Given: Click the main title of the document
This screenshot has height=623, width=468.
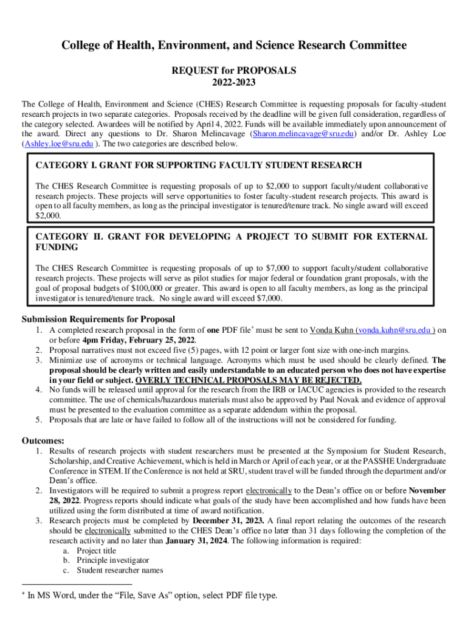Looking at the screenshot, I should (233, 46).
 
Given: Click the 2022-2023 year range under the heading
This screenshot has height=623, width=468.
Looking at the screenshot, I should (233, 82).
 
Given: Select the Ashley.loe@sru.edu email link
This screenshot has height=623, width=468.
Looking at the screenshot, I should (58, 144).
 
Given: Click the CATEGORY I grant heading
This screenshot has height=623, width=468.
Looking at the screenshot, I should (199, 165).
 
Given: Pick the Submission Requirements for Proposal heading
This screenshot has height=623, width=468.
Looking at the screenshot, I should (98, 319).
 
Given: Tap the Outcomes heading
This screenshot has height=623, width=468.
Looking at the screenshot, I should (43, 440).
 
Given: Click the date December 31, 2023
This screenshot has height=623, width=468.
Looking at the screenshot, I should (228, 521).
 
